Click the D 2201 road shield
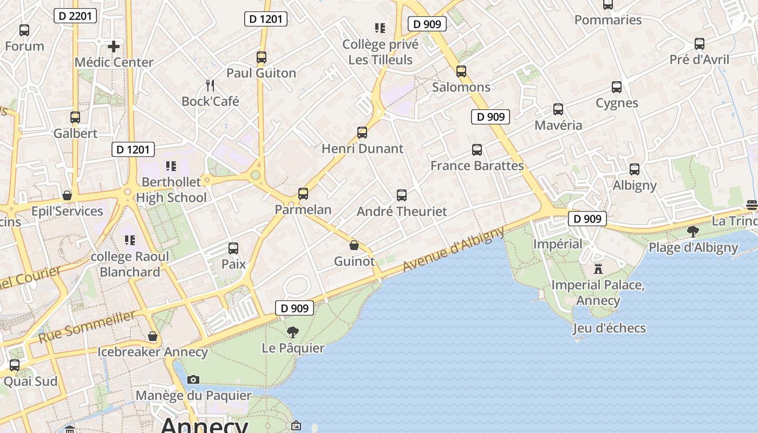pos(76,16)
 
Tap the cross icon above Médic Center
pos(114,46)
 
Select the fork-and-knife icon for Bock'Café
pos(210,85)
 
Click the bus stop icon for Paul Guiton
pos(262,57)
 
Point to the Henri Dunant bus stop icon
pos(362,132)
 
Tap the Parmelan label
pos(303,209)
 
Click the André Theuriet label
pos(402,212)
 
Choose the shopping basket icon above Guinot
pos(354,245)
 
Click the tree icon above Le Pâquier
pos(293,332)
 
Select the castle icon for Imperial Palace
pos(598,268)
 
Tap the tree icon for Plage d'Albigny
pos(693,232)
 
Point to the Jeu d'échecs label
pos(609,328)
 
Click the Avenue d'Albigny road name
pos(454,250)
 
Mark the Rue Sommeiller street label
pos(87,326)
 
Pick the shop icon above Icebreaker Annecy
pos(153,336)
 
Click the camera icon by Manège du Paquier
pos(193,379)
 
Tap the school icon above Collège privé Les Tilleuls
pos(380,28)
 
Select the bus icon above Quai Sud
pos(15,365)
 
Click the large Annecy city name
pos(204,425)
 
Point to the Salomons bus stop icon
pos(461,71)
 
